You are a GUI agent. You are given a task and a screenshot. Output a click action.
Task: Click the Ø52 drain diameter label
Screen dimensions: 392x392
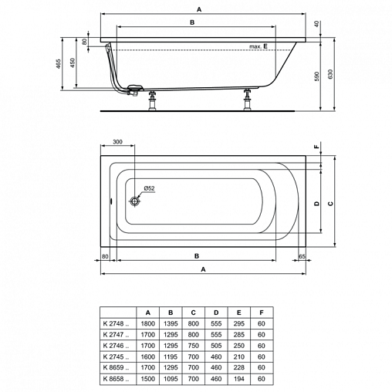click(x=149, y=188)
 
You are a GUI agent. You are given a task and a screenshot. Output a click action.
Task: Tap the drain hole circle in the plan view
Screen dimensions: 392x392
click(x=134, y=201)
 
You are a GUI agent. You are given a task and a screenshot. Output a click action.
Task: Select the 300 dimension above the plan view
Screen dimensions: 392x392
click(x=117, y=142)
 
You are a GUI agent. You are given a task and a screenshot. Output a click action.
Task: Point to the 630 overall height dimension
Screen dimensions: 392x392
click(x=330, y=74)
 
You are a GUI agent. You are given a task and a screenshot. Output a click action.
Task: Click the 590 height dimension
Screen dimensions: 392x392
click(x=316, y=76)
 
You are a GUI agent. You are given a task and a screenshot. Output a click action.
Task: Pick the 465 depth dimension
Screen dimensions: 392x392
click(x=59, y=64)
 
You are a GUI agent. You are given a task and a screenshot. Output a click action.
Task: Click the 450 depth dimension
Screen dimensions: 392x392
click(x=73, y=63)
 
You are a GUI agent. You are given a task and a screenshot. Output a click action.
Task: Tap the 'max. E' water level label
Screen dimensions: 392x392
click(x=259, y=46)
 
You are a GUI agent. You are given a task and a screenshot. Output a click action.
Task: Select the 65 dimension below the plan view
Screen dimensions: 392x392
click(x=302, y=256)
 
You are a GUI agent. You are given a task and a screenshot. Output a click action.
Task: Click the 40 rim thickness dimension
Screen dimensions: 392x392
click(x=317, y=24)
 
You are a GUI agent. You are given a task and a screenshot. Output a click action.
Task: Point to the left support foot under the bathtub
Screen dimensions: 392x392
click(x=153, y=100)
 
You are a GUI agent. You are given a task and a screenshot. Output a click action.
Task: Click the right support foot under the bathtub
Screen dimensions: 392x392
click(x=248, y=100)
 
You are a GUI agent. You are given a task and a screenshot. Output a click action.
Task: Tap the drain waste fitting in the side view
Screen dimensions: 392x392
click(x=133, y=90)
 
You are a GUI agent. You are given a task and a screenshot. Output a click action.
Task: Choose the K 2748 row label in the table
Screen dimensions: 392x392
click(x=116, y=323)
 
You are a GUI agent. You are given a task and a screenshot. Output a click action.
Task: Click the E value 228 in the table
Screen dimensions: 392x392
click(x=238, y=367)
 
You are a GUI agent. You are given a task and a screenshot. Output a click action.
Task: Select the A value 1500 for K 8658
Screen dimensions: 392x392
click(x=148, y=379)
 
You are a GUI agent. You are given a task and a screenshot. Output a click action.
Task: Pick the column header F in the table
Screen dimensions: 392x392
click(x=262, y=313)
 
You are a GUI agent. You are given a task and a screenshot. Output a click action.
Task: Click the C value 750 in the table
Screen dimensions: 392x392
click(x=193, y=346)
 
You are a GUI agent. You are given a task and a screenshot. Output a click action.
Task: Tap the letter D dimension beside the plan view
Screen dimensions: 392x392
click(x=316, y=204)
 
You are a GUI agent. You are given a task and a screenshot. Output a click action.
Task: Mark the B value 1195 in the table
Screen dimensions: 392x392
click(x=171, y=357)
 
